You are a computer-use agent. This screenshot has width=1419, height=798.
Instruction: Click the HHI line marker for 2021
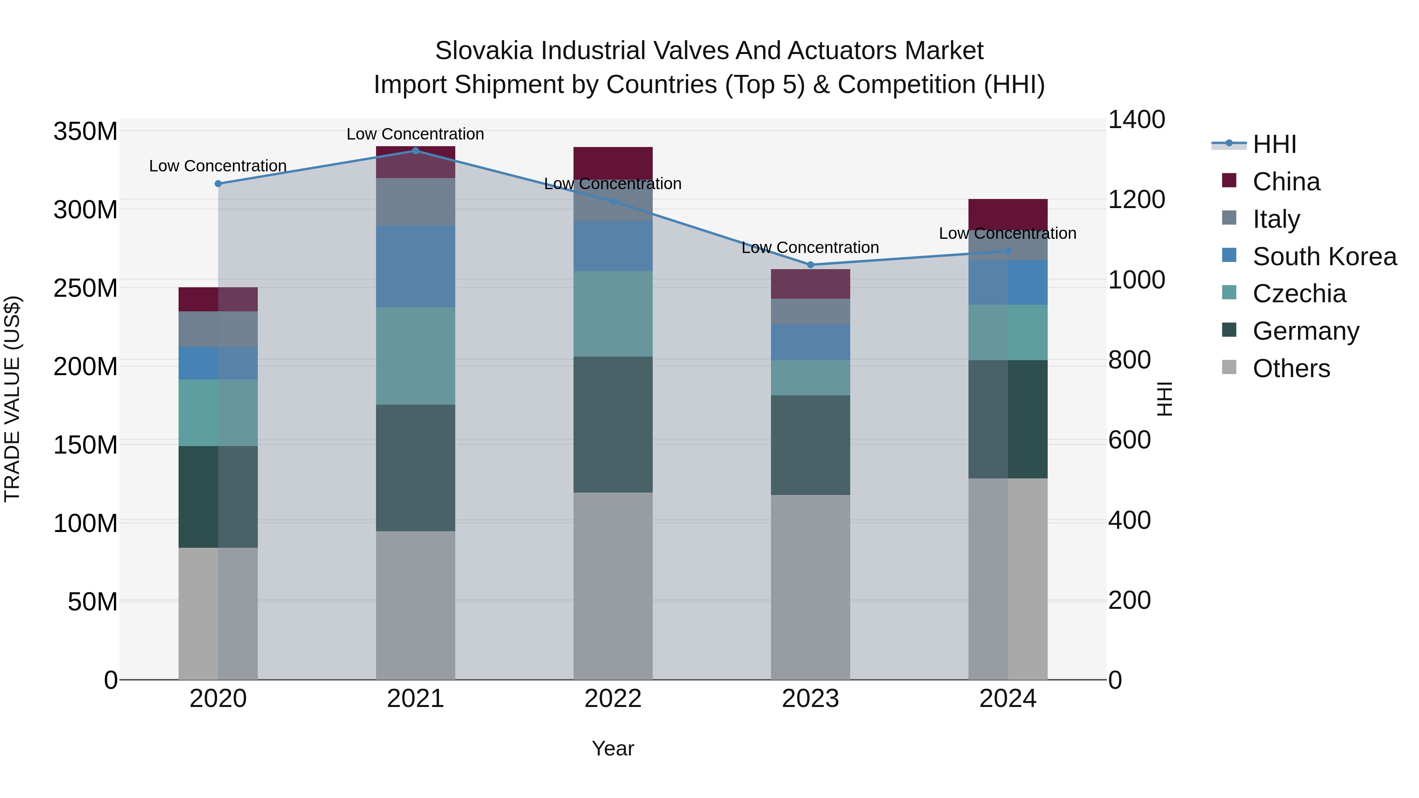415,151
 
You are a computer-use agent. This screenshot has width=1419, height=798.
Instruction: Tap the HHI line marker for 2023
810,265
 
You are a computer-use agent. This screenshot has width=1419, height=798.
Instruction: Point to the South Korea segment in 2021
415,266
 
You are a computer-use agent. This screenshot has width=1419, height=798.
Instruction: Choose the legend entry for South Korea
1324,256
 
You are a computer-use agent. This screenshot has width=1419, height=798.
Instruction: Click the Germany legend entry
1305,331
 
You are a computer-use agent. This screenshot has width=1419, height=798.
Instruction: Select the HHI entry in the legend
1274,144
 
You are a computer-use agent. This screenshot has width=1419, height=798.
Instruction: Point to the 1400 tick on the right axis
1136,119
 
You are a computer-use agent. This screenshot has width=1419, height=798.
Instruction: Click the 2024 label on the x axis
1007,699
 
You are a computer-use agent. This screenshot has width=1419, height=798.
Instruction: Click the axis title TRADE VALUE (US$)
12,399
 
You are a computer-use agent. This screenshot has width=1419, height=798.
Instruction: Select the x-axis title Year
613,748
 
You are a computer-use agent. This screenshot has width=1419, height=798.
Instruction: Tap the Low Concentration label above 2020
218,166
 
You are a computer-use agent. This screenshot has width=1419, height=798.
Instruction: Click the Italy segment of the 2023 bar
810,312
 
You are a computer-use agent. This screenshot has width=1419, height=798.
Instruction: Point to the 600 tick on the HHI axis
1129,440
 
